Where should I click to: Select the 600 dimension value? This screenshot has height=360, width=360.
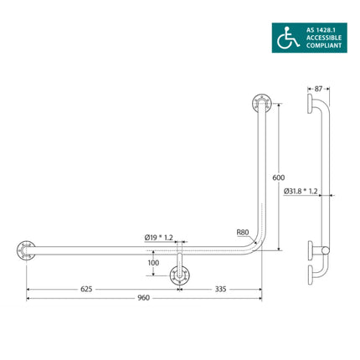pyautogui.click(x=280, y=177)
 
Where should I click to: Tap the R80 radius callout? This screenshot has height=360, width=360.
pyautogui.click(x=242, y=234)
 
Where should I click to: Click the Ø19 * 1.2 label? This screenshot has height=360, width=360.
pyautogui.click(x=158, y=238)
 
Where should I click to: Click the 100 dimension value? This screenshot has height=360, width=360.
pyautogui.click(x=152, y=263)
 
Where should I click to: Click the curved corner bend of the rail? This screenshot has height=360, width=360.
pyautogui.click(x=255, y=244)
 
